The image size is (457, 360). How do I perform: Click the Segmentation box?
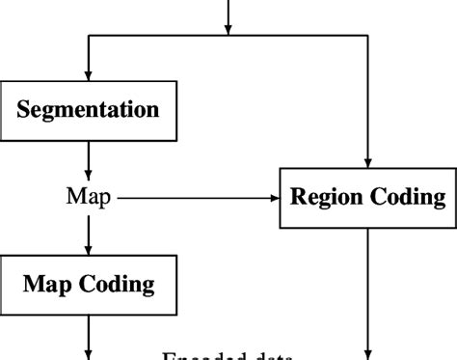(89, 108)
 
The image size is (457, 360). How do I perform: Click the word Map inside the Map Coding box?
(48, 284)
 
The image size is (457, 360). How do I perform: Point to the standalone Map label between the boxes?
(88, 197)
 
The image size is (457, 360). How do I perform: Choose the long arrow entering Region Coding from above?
(368, 106)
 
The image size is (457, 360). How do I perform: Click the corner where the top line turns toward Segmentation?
(89, 36)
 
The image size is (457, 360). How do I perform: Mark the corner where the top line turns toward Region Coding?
(368, 36)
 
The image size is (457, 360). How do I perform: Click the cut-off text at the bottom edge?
(228, 354)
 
